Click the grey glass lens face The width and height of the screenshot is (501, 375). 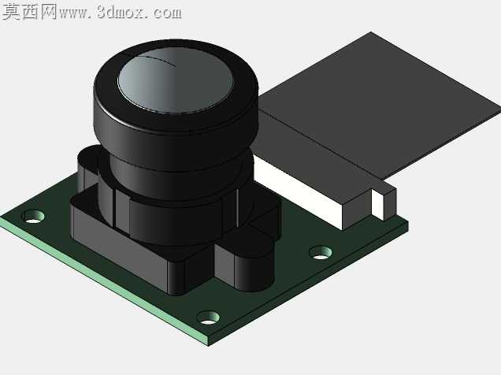pos(176,80)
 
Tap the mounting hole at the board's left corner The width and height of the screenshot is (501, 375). pos(33,216)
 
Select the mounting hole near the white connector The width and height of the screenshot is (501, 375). pos(321,252)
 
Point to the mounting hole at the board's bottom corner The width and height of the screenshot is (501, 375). pos(208,317)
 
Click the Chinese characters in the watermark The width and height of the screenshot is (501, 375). pos(29,12)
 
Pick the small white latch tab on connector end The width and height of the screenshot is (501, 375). pos(377,204)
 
